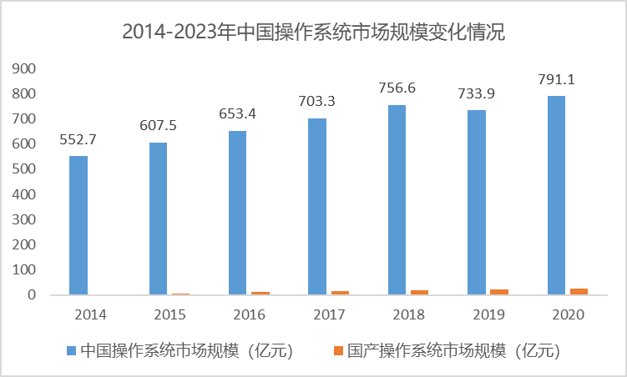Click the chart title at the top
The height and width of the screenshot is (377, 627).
(313, 33)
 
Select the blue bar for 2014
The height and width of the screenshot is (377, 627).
(78, 225)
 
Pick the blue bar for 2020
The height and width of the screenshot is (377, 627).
(556, 195)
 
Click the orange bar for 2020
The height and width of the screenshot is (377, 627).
(579, 291)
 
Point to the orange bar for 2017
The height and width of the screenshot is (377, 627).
(340, 292)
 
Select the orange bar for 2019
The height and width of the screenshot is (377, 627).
(499, 291)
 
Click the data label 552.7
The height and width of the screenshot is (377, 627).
(78, 140)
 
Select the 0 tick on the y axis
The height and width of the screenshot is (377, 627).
(32, 295)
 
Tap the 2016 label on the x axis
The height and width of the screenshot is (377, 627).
(249, 314)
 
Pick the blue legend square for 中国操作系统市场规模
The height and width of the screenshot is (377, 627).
(71, 351)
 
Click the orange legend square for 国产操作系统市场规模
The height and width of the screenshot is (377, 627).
(338, 351)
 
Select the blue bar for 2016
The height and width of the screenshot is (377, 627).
(238, 213)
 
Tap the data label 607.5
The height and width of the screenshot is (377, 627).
(159, 127)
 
